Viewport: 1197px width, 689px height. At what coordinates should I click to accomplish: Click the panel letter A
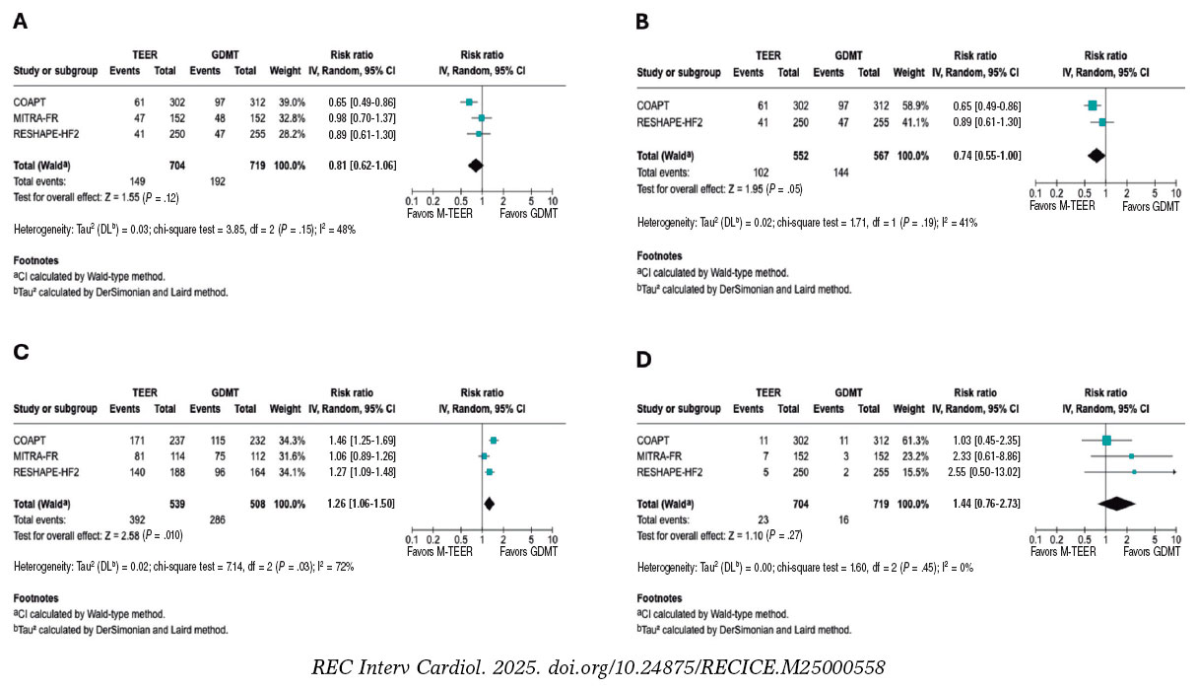(20, 21)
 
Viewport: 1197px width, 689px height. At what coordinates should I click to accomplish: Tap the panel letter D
(644, 361)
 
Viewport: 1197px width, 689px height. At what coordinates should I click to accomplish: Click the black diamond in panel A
(475, 166)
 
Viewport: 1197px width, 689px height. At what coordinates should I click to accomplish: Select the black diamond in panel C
(489, 503)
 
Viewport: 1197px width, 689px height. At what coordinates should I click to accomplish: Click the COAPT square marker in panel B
(1092, 104)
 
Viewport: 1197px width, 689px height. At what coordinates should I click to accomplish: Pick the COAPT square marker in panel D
(1106, 440)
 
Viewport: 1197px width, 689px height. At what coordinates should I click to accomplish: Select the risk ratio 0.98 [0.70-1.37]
(363, 117)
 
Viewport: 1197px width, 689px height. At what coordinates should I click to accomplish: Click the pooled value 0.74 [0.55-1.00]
(973, 155)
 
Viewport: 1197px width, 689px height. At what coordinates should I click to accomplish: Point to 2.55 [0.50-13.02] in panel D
(973, 472)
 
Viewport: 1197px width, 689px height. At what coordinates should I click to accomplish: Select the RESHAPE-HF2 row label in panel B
(672, 121)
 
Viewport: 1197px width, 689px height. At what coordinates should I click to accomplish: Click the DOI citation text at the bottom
(598, 667)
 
